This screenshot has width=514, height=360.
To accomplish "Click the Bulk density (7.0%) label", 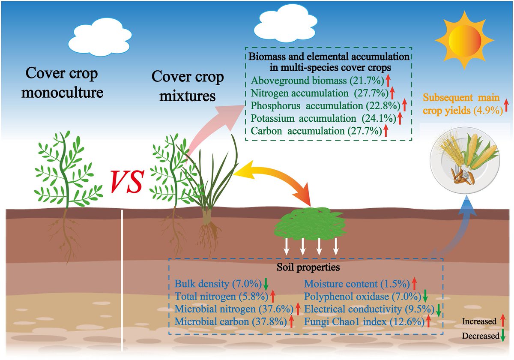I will (218, 284).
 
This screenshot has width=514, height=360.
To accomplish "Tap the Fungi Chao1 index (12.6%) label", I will (362, 321).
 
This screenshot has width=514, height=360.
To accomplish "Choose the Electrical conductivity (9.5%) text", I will (367, 308).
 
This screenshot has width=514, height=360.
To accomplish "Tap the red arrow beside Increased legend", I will (502, 321).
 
